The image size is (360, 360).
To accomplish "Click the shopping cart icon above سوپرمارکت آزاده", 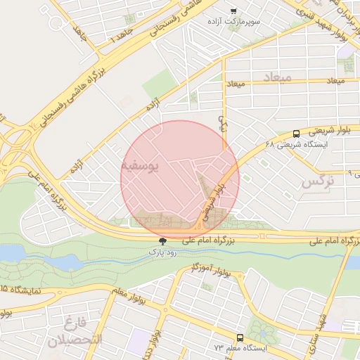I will click(233, 11).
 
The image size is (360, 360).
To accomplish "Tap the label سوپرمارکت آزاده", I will click(233, 22).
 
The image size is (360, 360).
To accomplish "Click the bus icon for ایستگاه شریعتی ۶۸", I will click(296, 134).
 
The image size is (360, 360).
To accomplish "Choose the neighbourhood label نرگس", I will click(316, 182).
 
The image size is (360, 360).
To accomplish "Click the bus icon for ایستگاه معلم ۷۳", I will click(240, 337).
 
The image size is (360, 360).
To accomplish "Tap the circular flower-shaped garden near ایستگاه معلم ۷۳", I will click(262, 330).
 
